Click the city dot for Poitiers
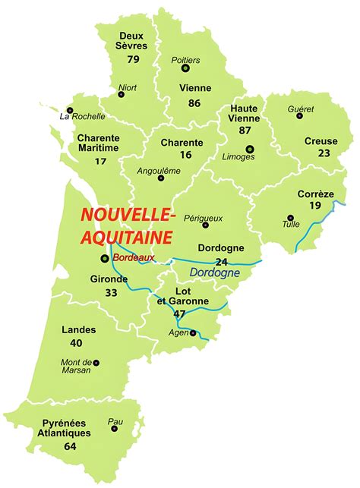[x=185, y=68]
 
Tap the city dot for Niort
[x=121, y=95]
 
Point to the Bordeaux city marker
[x=105, y=259]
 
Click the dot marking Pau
[x=115, y=429]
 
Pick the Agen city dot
[x=193, y=332]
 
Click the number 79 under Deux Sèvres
[x=134, y=59]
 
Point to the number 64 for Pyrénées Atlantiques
[x=70, y=446]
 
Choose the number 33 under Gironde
[x=111, y=293]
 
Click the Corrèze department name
[x=316, y=194]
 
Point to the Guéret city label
[x=301, y=109]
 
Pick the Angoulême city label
[x=159, y=170]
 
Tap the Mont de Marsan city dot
[x=96, y=363]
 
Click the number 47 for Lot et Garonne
[x=179, y=313]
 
